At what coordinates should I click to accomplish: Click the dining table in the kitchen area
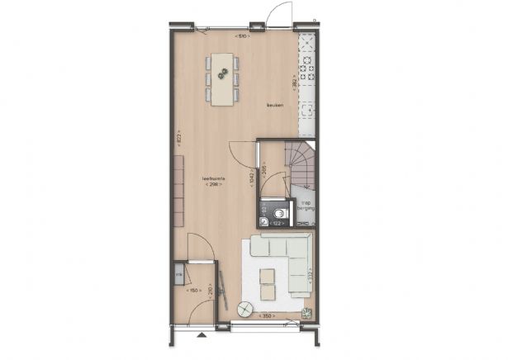click(222, 78)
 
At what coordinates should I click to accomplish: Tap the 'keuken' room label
click(275, 105)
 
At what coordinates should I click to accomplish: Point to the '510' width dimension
click(241, 36)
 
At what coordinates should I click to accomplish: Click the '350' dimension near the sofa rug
click(266, 316)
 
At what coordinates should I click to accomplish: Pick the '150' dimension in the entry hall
click(195, 291)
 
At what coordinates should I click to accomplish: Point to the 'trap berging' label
click(304, 206)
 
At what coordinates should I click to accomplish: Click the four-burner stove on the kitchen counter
click(306, 65)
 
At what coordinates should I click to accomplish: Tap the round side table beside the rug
click(245, 310)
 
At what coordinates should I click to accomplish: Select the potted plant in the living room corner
click(307, 311)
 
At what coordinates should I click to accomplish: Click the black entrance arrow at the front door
click(200, 335)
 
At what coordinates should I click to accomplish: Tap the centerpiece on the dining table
click(222, 75)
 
